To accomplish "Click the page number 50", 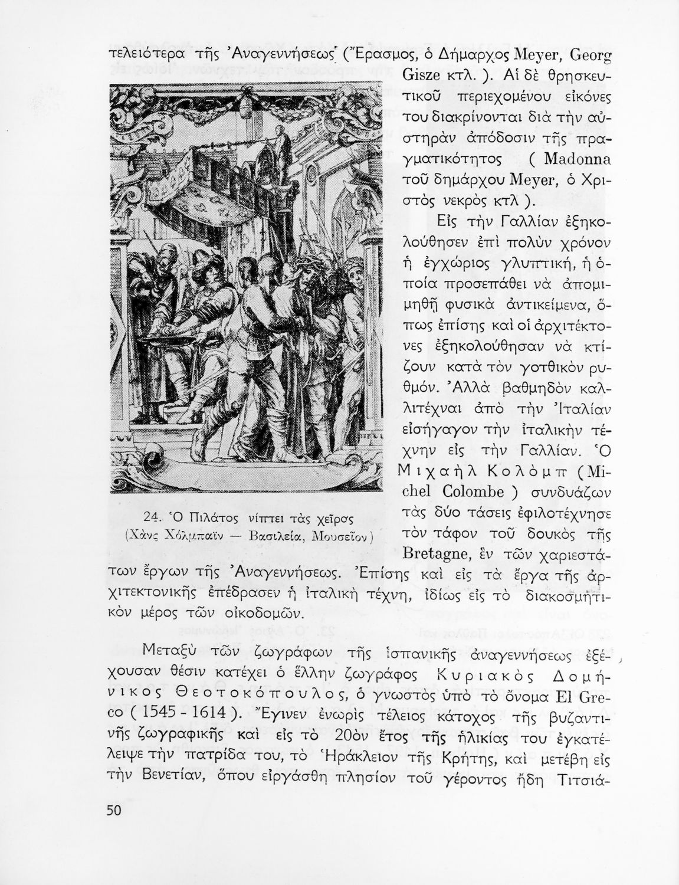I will [113, 810].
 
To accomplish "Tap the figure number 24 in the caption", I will [153, 519].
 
